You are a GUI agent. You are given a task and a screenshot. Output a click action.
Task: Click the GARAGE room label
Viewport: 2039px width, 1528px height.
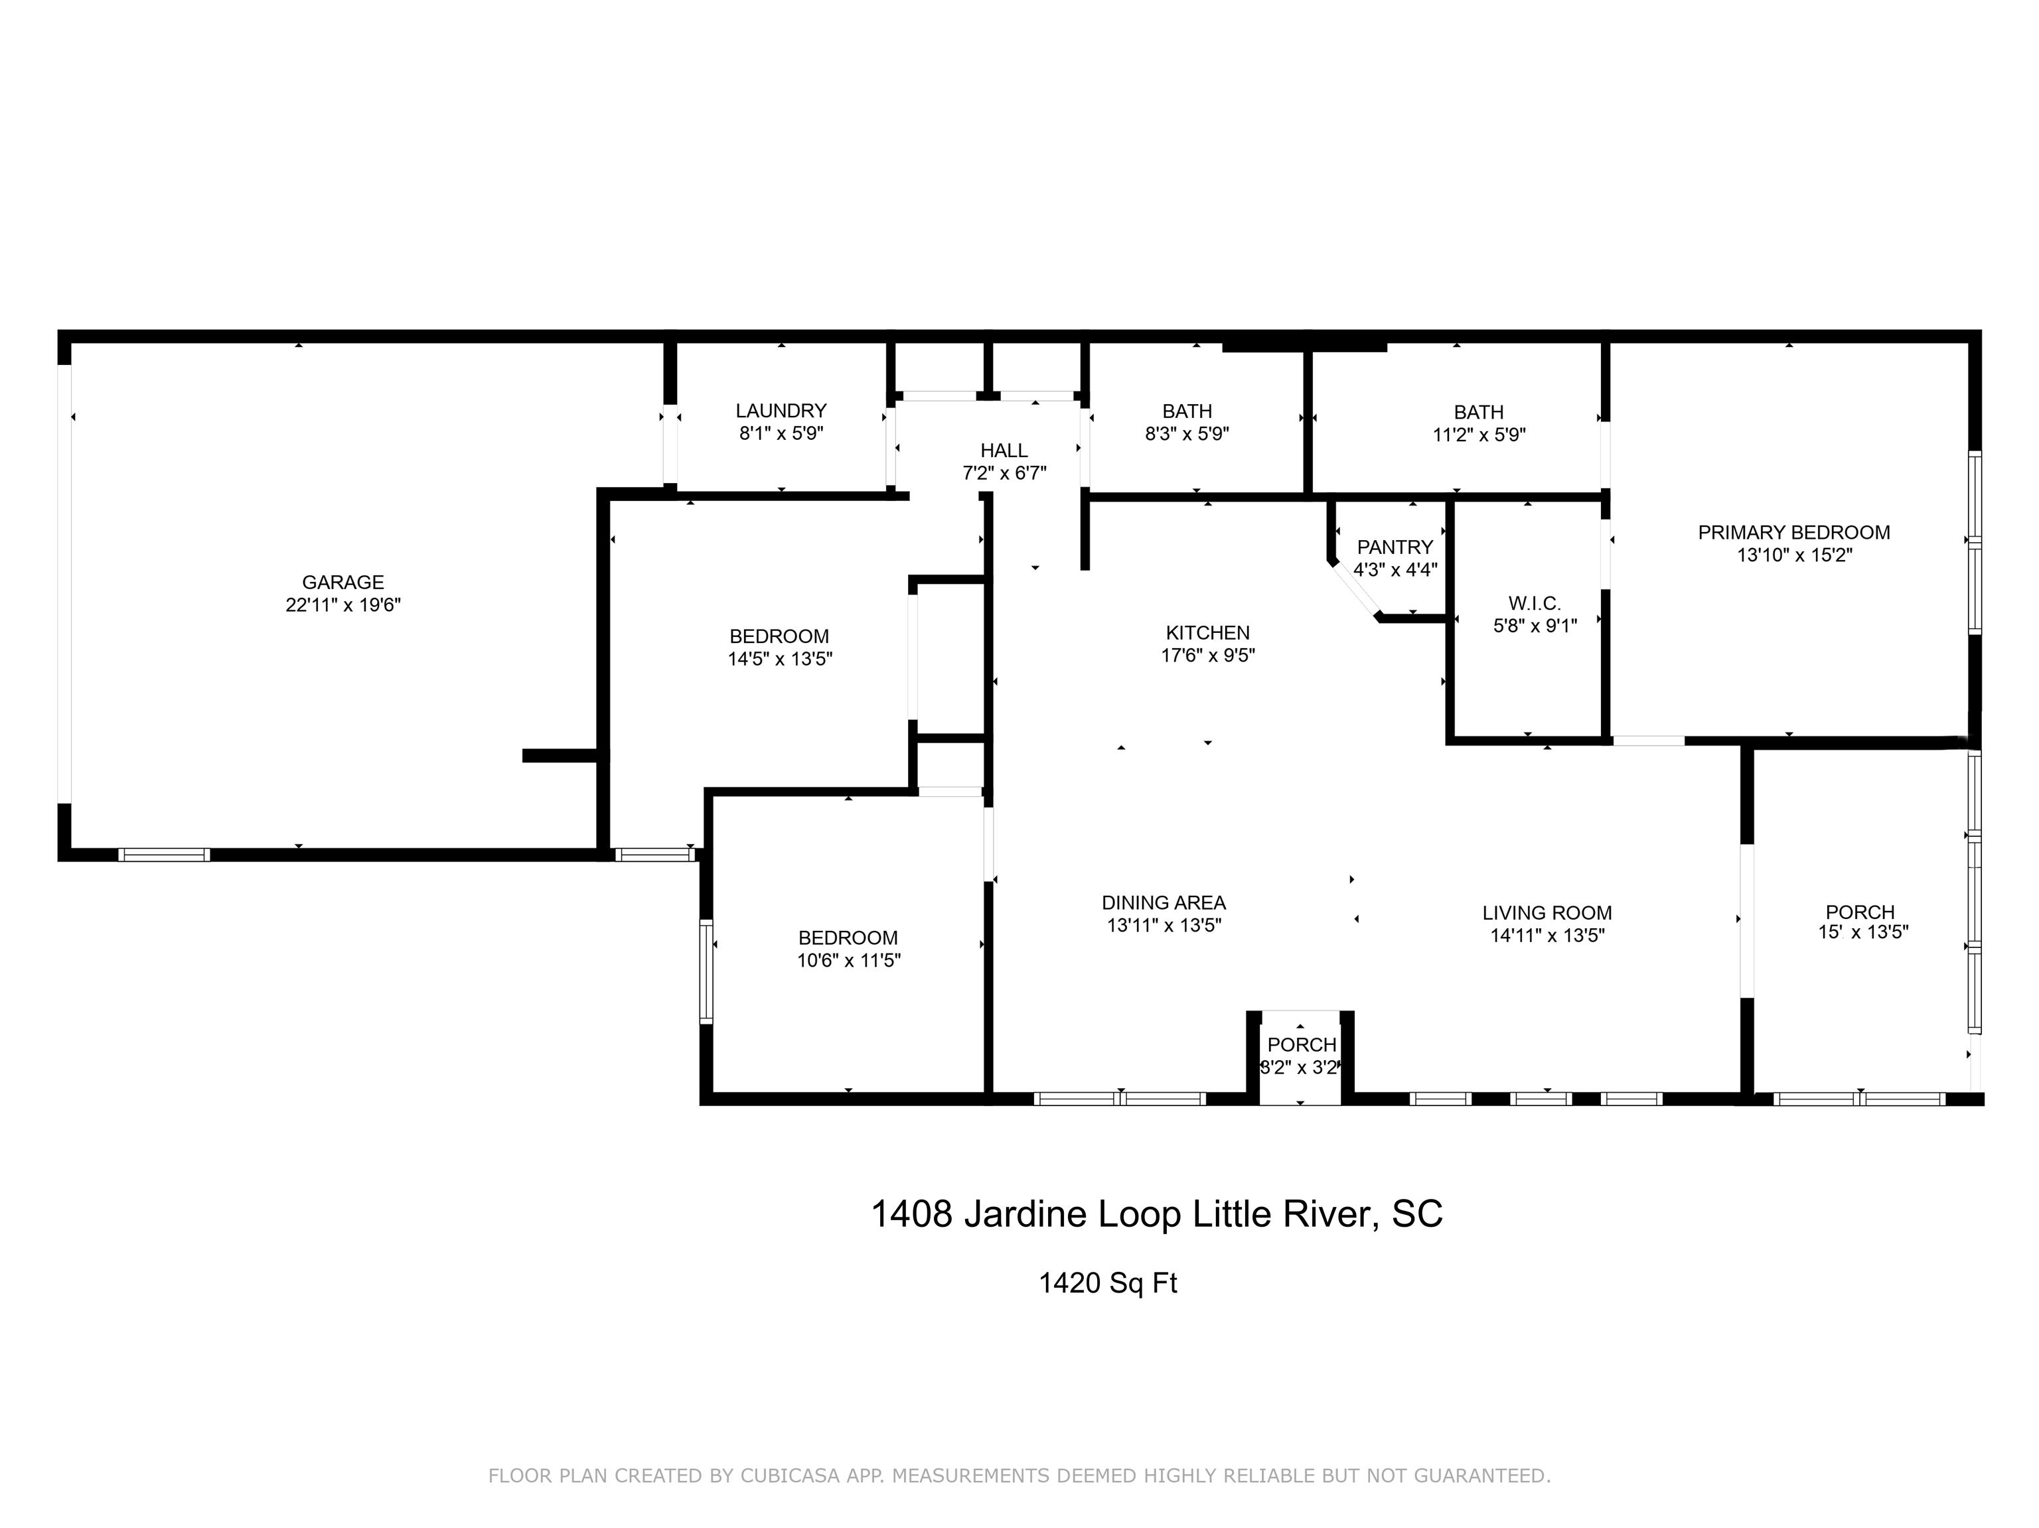pos(343,583)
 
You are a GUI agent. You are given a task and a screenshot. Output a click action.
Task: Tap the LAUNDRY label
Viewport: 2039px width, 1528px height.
pos(781,411)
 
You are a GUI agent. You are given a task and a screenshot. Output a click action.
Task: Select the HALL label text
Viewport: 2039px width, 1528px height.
pos(1004,451)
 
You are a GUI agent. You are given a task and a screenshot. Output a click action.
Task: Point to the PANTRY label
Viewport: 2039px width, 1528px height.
pos(1395,547)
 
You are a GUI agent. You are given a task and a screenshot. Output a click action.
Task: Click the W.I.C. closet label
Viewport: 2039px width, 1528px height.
pos(1535,604)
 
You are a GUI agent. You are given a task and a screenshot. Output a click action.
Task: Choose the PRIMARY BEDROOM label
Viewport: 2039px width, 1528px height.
pos(1794,533)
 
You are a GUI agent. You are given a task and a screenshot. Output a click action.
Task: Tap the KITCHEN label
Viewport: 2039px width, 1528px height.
pos(1207,633)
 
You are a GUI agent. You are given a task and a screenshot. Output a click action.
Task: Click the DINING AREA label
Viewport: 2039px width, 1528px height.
pos(1164,903)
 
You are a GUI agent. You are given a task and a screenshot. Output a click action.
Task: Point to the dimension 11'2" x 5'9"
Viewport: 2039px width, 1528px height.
pos(1479,435)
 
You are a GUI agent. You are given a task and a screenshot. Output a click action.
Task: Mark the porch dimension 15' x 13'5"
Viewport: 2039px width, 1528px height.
pos(1862,932)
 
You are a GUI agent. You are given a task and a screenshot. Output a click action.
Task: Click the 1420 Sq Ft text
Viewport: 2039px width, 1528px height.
pos(1107,1283)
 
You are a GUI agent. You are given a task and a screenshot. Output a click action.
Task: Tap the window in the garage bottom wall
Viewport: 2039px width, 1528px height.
pos(164,855)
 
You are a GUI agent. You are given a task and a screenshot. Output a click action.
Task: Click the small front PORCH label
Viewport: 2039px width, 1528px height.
pos(1302,1045)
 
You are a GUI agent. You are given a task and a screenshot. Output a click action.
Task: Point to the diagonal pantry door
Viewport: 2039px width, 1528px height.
pos(1355,590)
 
